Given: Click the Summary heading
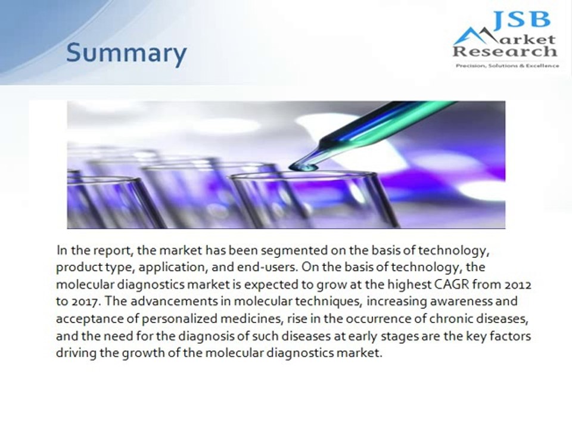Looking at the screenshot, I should (x=126, y=54).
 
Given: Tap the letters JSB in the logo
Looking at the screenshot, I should (x=520, y=20).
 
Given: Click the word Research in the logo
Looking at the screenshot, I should (x=505, y=52).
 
